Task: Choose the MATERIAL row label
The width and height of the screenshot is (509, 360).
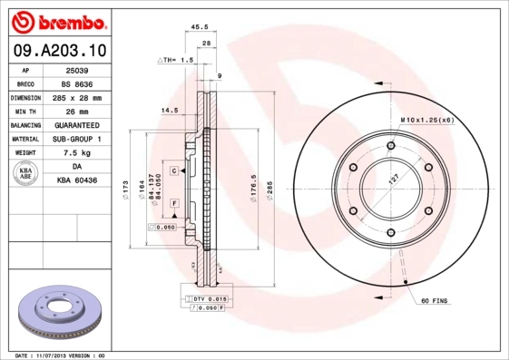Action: [x=25, y=139]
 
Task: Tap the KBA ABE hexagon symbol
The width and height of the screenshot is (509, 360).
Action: [x=25, y=174]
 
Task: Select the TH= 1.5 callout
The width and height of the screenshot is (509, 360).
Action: [x=176, y=60]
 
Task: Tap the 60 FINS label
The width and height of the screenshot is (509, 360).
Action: [x=435, y=298]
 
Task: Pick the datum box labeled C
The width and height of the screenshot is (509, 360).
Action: [x=173, y=170]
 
